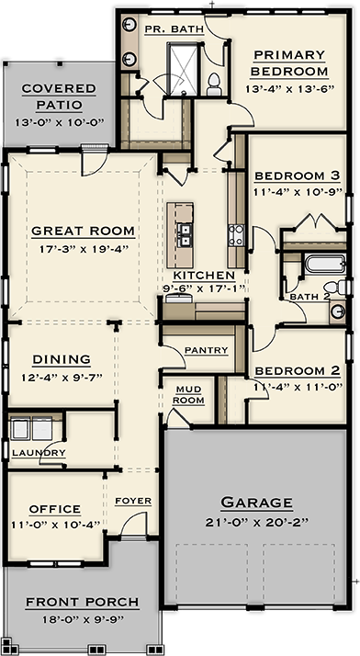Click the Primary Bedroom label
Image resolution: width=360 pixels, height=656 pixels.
[289, 63]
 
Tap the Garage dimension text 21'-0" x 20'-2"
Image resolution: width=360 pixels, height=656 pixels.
[257, 522]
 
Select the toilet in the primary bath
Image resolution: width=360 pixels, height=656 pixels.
[214, 85]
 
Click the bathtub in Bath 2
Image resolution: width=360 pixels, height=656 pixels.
[324, 264]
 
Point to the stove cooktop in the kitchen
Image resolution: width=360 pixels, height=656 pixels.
[236, 235]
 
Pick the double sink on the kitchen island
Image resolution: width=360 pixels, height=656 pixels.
[185, 235]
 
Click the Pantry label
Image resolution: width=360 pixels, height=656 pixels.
[206, 350]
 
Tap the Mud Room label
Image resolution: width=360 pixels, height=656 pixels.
[188, 395]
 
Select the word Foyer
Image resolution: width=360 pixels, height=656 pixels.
[133, 501]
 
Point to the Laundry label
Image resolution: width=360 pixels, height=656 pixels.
[39, 453]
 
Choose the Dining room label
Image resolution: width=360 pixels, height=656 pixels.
[62, 359]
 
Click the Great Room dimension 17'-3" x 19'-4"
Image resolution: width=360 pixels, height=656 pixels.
[84, 249]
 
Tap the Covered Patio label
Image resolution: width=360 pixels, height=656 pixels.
[59, 96]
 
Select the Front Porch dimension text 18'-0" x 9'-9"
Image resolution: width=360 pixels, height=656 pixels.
[83, 619]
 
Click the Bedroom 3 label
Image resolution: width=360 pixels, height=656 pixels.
[298, 176]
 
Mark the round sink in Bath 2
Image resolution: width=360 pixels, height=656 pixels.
[337, 311]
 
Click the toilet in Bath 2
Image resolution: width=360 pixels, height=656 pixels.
[335, 288]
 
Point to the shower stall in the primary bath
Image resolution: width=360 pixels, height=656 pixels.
[183, 69]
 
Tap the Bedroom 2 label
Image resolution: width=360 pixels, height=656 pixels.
[298, 371]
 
